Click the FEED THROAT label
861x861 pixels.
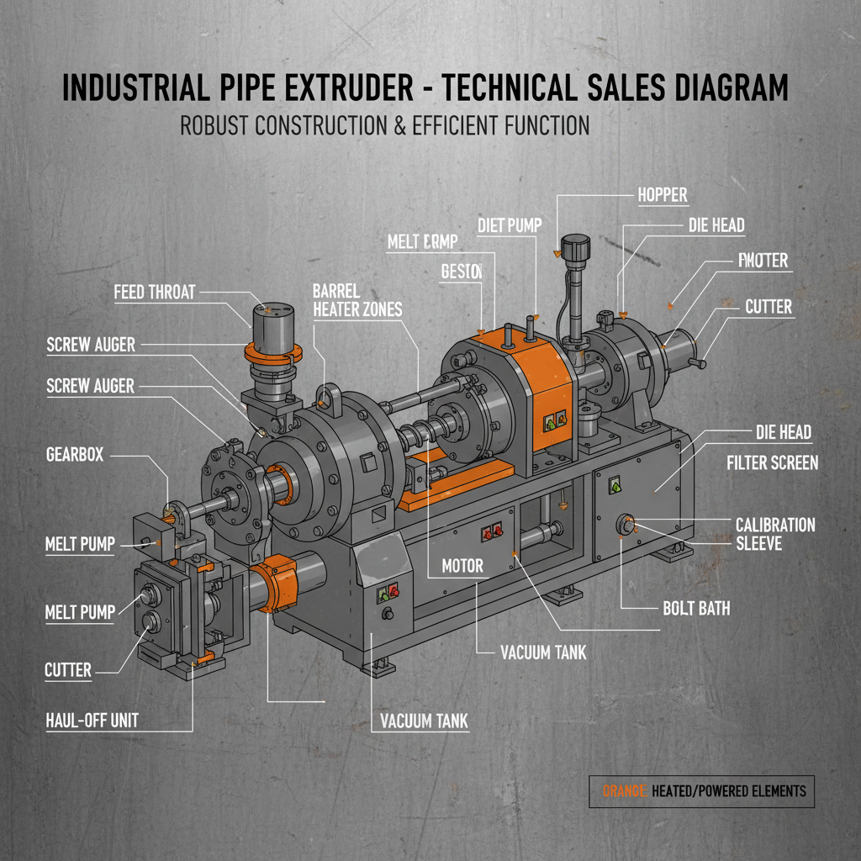click(x=154, y=292)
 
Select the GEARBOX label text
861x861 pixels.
click(x=75, y=454)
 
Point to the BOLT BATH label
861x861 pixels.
click(x=696, y=608)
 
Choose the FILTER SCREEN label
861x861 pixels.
click(x=771, y=463)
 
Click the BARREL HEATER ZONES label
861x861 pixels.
click(x=357, y=300)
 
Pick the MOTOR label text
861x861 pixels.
click(x=462, y=566)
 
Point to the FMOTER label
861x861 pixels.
click(x=763, y=261)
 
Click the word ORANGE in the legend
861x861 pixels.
click(x=624, y=790)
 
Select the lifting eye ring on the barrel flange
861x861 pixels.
click(x=329, y=395)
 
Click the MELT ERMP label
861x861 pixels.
click(x=422, y=242)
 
